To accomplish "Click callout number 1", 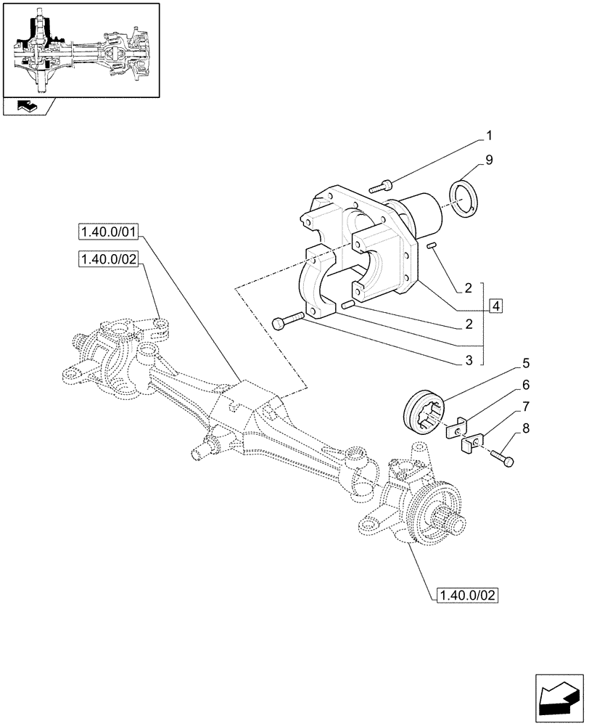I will [x=489, y=135].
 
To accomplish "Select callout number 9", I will [x=489, y=161].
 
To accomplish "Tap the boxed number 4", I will [x=495, y=306].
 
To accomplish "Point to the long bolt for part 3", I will [x=287, y=321].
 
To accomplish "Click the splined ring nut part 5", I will [x=421, y=413].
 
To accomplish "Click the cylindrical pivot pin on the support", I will [x=419, y=213].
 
